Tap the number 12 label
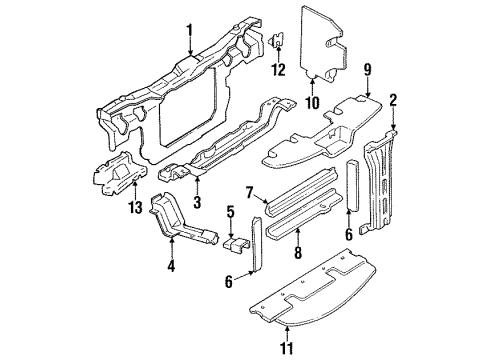tap(280, 69)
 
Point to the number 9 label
tap(369, 71)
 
